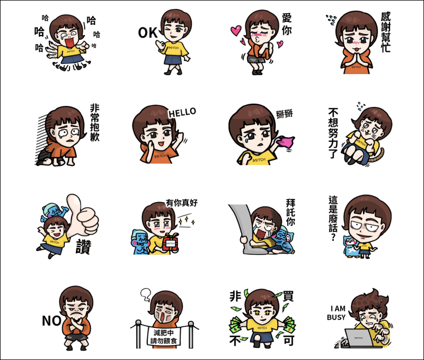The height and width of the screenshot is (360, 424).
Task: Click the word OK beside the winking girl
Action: [x=147, y=33]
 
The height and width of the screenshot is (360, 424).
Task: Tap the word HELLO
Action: [x=182, y=112]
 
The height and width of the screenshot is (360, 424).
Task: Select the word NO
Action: [x=51, y=321]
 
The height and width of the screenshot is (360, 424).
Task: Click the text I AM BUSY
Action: [x=337, y=313]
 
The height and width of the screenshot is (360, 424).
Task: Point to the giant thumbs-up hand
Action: [x=83, y=216]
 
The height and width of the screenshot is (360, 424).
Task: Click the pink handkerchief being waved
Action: [x=286, y=142]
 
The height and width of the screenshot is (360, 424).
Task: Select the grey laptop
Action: [x=359, y=338]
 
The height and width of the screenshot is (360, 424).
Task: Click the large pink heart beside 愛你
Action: [x=235, y=30]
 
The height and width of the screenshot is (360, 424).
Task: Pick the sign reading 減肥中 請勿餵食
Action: [x=163, y=336]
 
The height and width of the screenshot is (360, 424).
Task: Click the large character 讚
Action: [x=83, y=247]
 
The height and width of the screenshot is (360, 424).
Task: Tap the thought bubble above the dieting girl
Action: [x=146, y=294]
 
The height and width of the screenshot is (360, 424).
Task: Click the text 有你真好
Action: [x=182, y=203]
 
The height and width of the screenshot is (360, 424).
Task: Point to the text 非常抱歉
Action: [x=95, y=122]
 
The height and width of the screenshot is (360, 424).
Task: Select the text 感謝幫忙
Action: [x=386, y=32]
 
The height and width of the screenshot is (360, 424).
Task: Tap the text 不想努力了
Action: [x=333, y=133]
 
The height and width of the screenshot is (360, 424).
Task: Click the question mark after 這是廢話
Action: [x=333, y=237]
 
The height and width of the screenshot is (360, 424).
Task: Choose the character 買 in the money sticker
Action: [x=288, y=296]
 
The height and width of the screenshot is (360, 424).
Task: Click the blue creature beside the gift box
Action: [x=140, y=242]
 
